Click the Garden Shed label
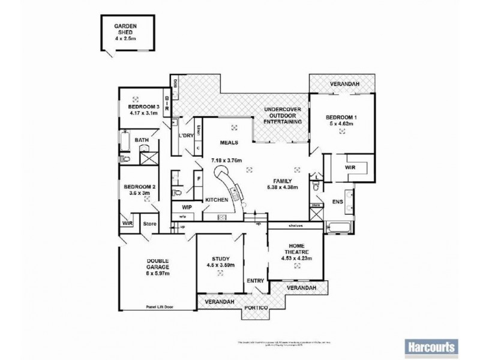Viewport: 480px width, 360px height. tap(125, 31)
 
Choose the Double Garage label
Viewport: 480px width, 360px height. tap(158, 265)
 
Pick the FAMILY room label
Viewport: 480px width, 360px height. tap(283, 181)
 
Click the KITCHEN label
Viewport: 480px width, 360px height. tap(216, 199)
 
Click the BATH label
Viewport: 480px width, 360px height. tap(142, 141)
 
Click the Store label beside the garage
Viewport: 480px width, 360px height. tap(149, 223)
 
